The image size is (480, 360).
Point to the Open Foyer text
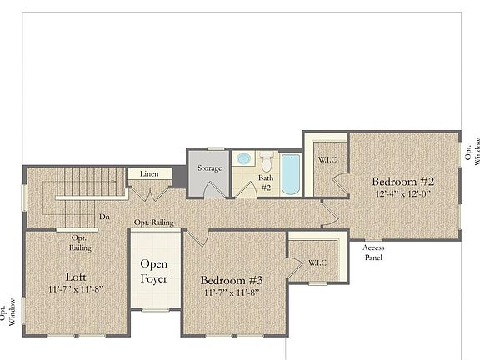[x=154, y=273]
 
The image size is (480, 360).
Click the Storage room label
[x=209, y=168]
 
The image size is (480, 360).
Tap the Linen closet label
[x=150, y=174]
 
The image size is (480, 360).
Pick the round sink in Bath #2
[x=244, y=157]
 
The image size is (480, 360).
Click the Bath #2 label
[x=266, y=182]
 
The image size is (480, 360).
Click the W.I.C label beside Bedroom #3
[x=317, y=262]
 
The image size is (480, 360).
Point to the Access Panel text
[x=372, y=252]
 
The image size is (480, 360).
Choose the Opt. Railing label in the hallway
[x=153, y=222]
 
